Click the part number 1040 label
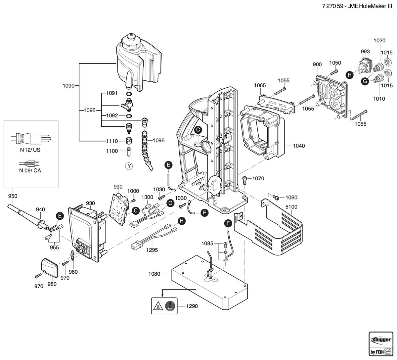click(x=299, y=146)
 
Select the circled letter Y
click(x=129, y=166)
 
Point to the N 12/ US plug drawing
click(x=31, y=138)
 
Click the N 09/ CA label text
click(x=30, y=170)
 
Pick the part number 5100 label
click(x=291, y=207)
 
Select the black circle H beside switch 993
click(x=349, y=75)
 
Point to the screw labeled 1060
click(x=276, y=197)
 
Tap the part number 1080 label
click(x=154, y=274)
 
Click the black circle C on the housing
click(x=198, y=130)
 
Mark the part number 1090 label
click(x=69, y=86)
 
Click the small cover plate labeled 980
click(x=50, y=268)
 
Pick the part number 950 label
click(x=13, y=196)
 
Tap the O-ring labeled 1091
click(x=129, y=93)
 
